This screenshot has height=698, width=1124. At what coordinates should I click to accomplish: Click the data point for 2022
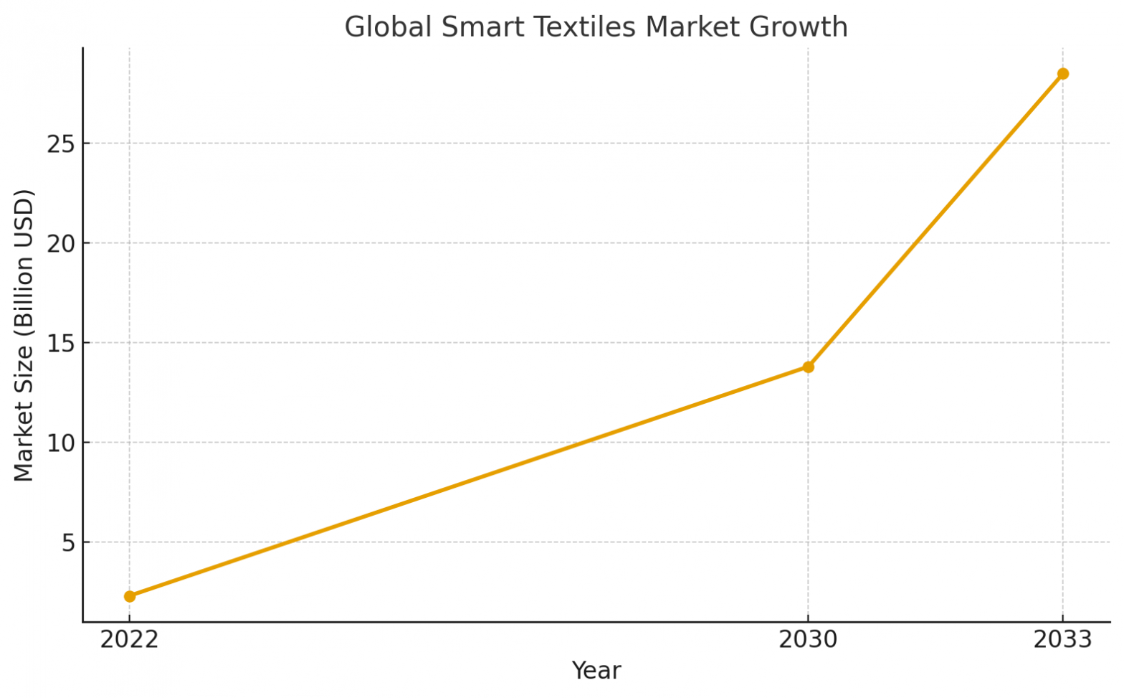130,596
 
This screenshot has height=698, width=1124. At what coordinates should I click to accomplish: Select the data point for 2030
808,367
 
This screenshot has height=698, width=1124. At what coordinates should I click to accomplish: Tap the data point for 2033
1062,74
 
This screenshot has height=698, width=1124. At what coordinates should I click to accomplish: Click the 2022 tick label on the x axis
129,639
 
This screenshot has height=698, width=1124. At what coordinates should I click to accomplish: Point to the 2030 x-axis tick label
808,639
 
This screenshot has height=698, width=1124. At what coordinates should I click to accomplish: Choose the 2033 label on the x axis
1062,639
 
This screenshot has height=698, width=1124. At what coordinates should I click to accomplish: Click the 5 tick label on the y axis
68,542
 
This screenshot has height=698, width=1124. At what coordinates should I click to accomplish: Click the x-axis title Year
596,671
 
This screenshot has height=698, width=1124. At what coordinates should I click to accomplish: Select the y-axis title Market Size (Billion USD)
24,335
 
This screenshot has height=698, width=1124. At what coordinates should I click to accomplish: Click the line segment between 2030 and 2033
935,220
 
